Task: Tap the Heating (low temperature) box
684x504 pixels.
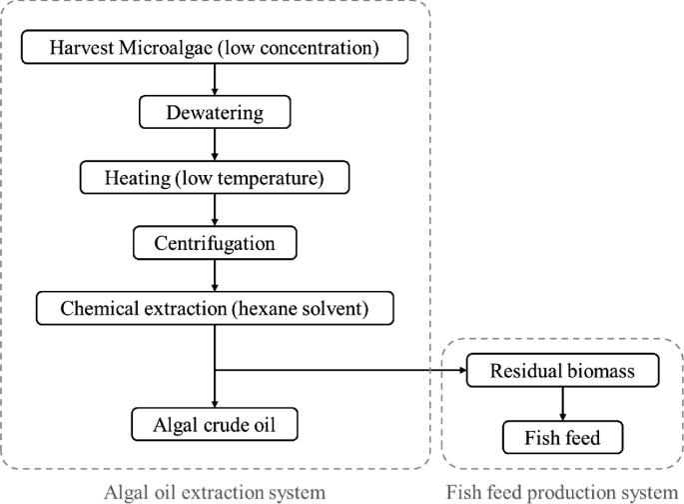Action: pyautogui.click(x=216, y=177)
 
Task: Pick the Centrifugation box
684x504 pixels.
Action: pyautogui.click(x=216, y=242)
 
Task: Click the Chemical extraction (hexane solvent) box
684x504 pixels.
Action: pyautogui.click(x=216, y=308)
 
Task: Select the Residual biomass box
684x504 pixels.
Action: pyautogui.click(x=563, y=372)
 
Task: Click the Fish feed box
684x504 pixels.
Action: pyautogui.click(x=563, y=436)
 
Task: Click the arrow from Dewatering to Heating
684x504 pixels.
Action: pyautogui.click(x=216, y=144)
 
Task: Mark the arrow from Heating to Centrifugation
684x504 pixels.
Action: pyautogui.click(x=216, y=209)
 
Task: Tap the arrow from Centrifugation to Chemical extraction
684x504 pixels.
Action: pyautogui.click(x=216, y=275)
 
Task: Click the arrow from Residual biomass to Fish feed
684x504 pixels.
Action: pyautogui.click(x=563, y=404)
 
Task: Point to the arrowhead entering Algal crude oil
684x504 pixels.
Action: pyautogui.click(x=216, y=402)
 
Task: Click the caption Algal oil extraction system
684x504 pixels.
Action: pyautogui.click(x=216, y=491)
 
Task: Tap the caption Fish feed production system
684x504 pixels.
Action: pyautogui.click(x=561, y=491)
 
